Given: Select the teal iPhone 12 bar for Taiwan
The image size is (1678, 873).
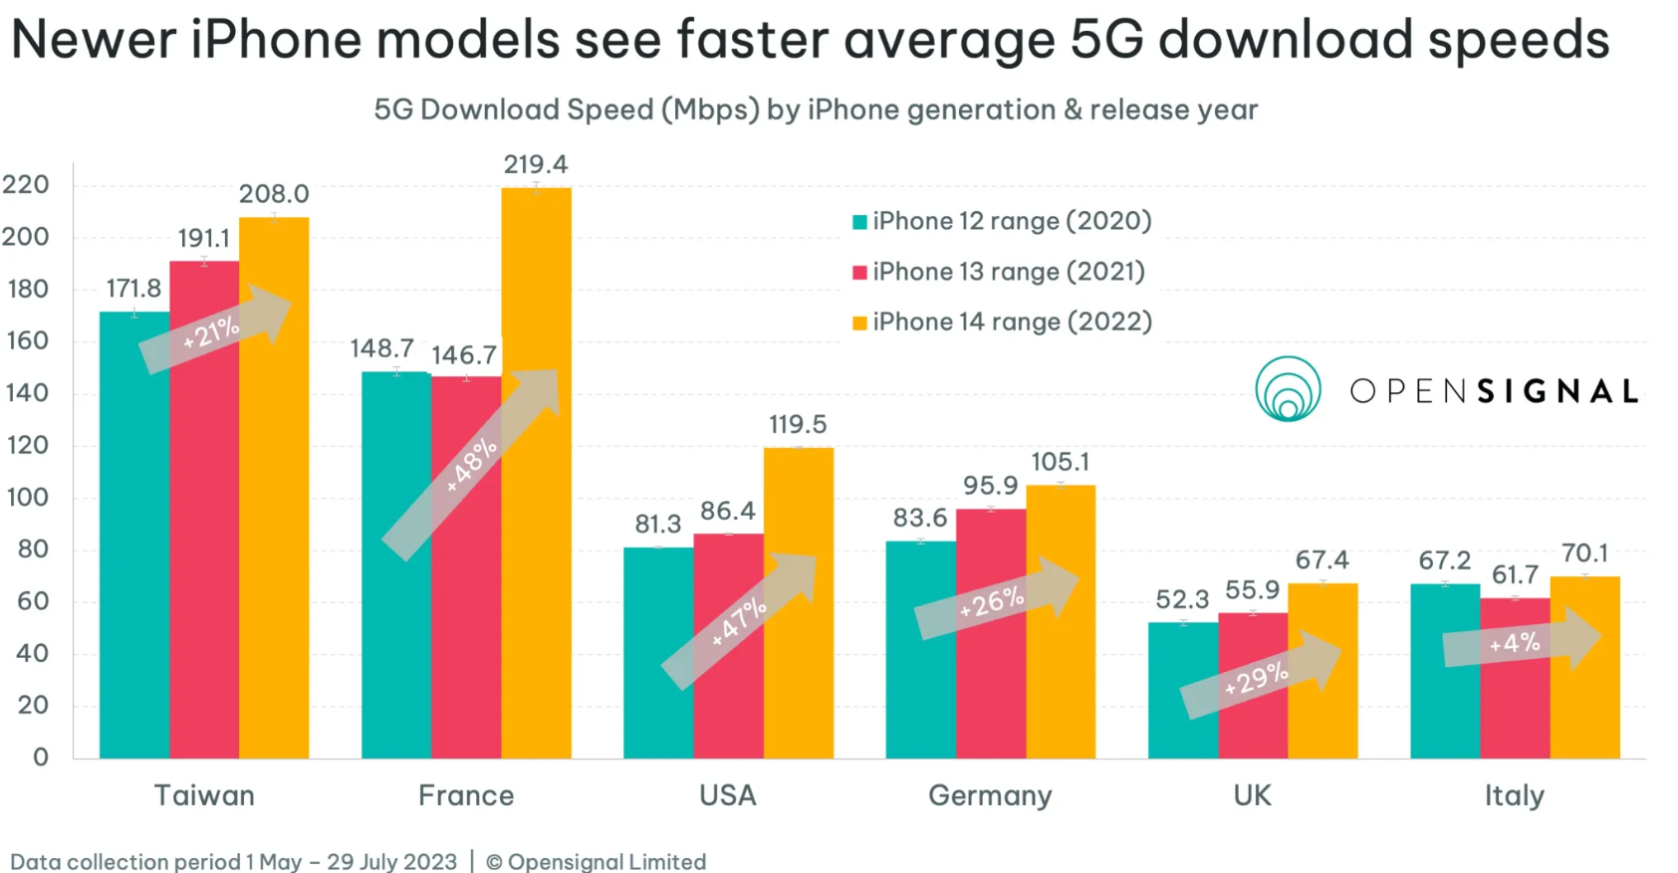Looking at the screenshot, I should [x=134, y=557].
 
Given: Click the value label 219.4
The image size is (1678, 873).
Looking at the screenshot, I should [x=536, y=164].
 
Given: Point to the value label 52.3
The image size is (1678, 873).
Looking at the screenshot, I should [x=1182, y=600].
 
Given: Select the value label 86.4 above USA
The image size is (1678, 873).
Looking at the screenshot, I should [x=727, y=512].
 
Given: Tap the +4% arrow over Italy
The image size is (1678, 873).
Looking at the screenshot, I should [x=1519, y=642].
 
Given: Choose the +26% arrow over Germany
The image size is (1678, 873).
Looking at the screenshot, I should [x=994, y=600].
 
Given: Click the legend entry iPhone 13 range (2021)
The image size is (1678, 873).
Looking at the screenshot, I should [x=1008, y=272].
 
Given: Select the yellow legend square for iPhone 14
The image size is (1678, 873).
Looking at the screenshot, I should [x=859, y=323].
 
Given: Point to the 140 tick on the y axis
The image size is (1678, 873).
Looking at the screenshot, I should [x=27, y=393].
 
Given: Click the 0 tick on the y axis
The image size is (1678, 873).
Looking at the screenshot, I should [x=41, y=758].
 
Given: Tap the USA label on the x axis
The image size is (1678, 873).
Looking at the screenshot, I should [x=728, y=796].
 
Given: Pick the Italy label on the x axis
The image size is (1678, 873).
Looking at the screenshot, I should [x=1514, y=796].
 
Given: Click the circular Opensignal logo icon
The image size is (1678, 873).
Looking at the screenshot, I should [x=1288, y=389].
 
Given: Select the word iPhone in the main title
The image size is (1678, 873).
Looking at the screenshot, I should [x=276, y=41].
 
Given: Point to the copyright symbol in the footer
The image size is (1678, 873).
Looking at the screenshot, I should [x=494, y=862].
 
